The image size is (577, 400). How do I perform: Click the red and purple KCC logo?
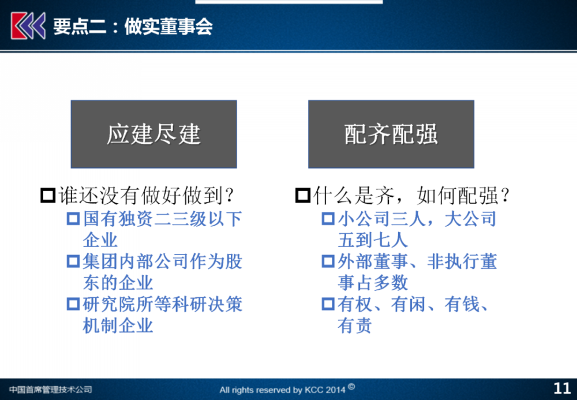pos(28,25)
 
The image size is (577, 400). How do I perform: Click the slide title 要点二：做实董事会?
pos(133,27)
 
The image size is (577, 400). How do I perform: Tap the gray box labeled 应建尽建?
pos(154,134)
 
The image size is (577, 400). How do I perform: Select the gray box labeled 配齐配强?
pos(391,134)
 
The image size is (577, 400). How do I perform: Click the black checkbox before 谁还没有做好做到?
pos(48,196)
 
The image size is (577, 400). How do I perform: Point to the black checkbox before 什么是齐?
pos(303,196)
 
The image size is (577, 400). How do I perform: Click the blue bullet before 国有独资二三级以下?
pos(73,219)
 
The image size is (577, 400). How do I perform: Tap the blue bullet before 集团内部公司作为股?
pos(73,261)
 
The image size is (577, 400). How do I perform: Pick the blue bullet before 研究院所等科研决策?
pos(73,304)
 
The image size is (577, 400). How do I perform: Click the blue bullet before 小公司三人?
pos(328,219)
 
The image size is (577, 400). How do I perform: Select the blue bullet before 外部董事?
pos(328,261)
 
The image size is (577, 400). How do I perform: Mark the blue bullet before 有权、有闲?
pos(328,304)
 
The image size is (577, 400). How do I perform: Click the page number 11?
pos(562,388)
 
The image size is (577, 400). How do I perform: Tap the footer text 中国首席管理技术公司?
pos(50,390)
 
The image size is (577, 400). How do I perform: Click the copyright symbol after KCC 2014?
pos(351,386)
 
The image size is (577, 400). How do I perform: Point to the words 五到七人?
pos(373,240)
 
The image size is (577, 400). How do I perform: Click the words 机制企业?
pos(118,326)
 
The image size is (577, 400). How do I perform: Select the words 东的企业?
pos(118,283)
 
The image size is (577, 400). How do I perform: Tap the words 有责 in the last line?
pos(355,326)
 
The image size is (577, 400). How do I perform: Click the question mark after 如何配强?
pos(505,196)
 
